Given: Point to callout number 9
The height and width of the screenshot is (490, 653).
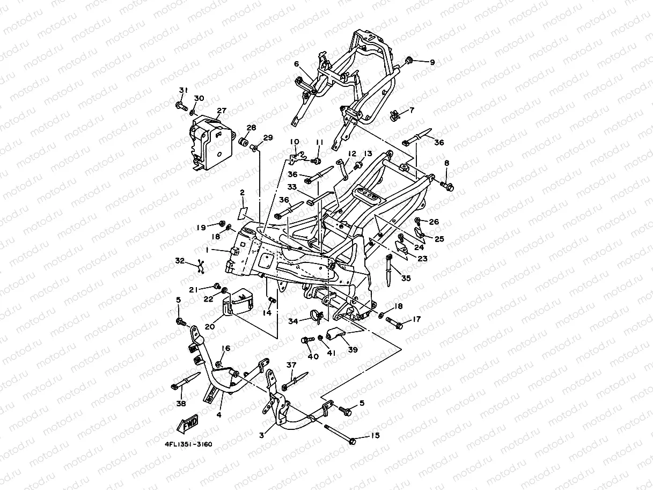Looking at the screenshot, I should click(432, 62).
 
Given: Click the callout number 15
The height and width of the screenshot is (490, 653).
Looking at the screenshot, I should click(375, 435).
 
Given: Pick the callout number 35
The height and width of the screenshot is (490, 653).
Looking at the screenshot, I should click(406, 279).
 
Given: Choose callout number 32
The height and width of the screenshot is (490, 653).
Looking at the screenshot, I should click(180, 261).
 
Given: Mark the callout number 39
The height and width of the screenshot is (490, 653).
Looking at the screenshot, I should click(353, 349).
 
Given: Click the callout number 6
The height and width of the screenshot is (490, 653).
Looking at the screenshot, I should click(296, 64).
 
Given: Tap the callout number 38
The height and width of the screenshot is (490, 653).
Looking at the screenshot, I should click(181, 403).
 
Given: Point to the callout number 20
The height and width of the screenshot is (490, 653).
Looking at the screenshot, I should click(210, 326).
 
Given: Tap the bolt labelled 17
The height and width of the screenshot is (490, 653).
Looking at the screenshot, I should click(393, 324).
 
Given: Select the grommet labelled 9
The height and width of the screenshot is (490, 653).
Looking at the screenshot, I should click(408, 58).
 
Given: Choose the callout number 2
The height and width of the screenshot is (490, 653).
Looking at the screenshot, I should click(242, 192).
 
